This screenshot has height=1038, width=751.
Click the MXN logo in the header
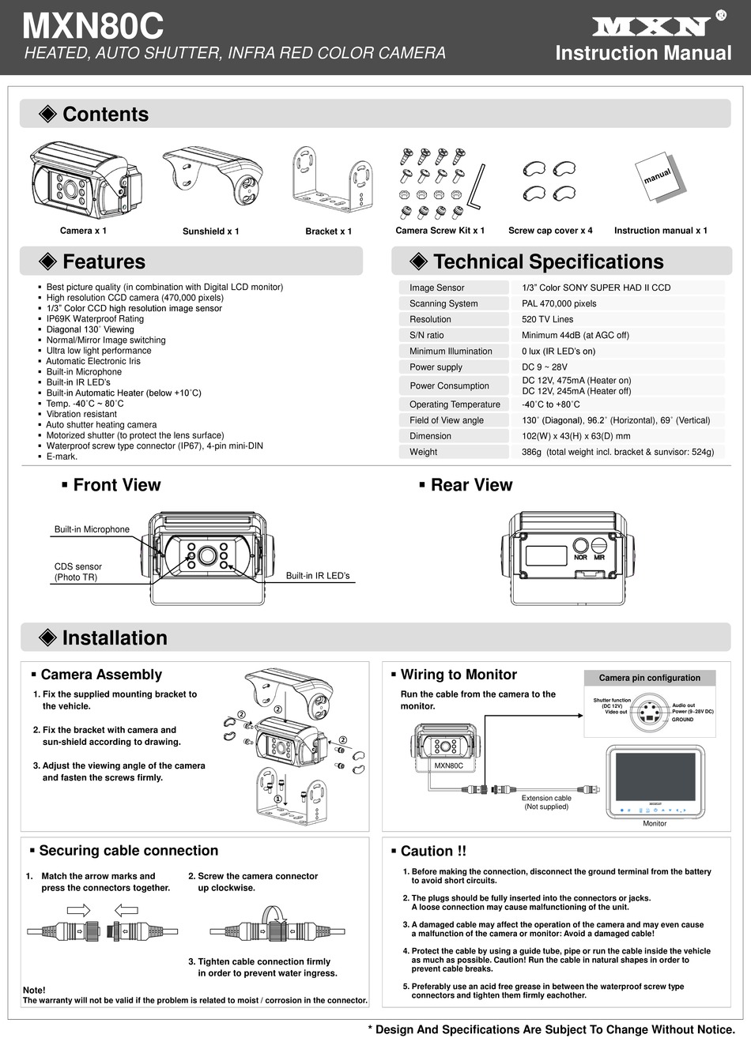coord(650,28)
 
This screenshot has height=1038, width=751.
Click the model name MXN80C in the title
coord(92,27)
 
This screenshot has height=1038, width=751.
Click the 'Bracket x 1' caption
coord(328,231)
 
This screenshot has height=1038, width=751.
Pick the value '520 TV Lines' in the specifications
coord(547,319)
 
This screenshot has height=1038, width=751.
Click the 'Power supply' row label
coord(436,367)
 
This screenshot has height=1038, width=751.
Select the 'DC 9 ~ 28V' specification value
coord(545,367)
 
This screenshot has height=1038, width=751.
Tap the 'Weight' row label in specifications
coord(423,452)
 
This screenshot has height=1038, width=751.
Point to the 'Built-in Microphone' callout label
coord(92,529)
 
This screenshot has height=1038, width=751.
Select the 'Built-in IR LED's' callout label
coord(317,576)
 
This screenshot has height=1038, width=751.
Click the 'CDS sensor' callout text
coord(77,566)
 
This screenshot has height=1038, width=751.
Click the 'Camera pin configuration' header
coord(649,678)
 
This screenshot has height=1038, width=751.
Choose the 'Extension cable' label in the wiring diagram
coord(546,798)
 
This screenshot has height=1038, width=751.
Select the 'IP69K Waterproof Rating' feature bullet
coord(95,319)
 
